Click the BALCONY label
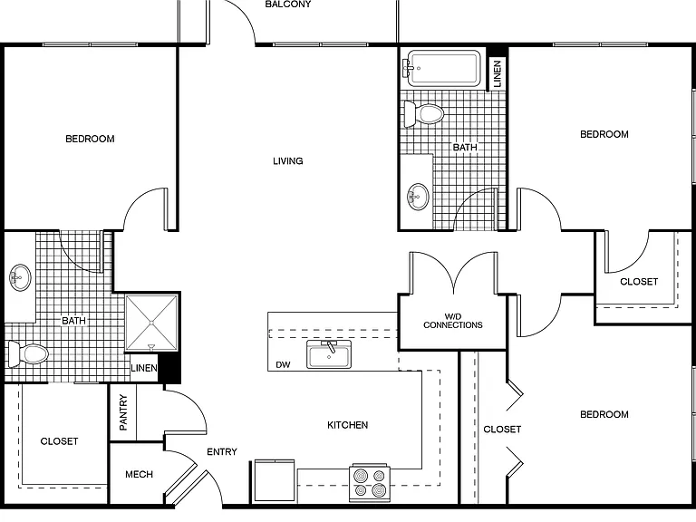tap(288, 5)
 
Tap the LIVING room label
tap(288, 161)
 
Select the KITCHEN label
tap(348, 425)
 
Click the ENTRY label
tap(222, 452)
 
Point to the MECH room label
tap(139, 475)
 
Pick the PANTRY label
tap(123, 412)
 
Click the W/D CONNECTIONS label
tap(453, 321)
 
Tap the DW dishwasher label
tap(283, 365)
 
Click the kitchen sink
tap(329, 354)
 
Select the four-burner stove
tap(370, 483)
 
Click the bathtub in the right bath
tap(444, 68)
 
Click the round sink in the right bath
tap(418, 196)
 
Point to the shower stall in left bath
tap(152, 323)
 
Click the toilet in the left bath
tap(28, 354)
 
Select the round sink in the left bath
tap(20, 278)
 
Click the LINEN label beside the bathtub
tap(498, 73)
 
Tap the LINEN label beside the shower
tap(144, 368)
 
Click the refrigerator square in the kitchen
tap(274, 481)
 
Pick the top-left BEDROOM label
tap(90, 139)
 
